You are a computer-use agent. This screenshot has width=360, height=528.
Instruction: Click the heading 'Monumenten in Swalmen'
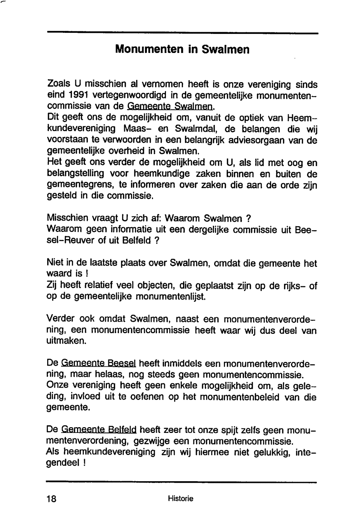[x=182, y=49]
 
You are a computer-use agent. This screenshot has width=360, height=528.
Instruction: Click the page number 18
[x=52, y=499]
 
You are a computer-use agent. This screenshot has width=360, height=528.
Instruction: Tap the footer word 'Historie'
[x=180, y=498]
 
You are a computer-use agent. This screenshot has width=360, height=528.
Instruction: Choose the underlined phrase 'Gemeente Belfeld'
[x=99, y=430]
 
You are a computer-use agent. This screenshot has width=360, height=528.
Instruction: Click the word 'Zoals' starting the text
[x=59, y=84]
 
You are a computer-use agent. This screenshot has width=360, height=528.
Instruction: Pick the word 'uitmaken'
[x=67, y=341]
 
